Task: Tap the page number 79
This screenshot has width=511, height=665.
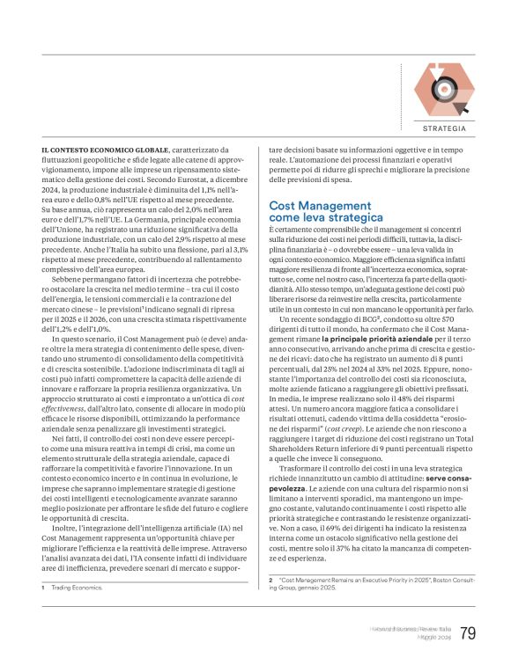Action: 468,633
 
